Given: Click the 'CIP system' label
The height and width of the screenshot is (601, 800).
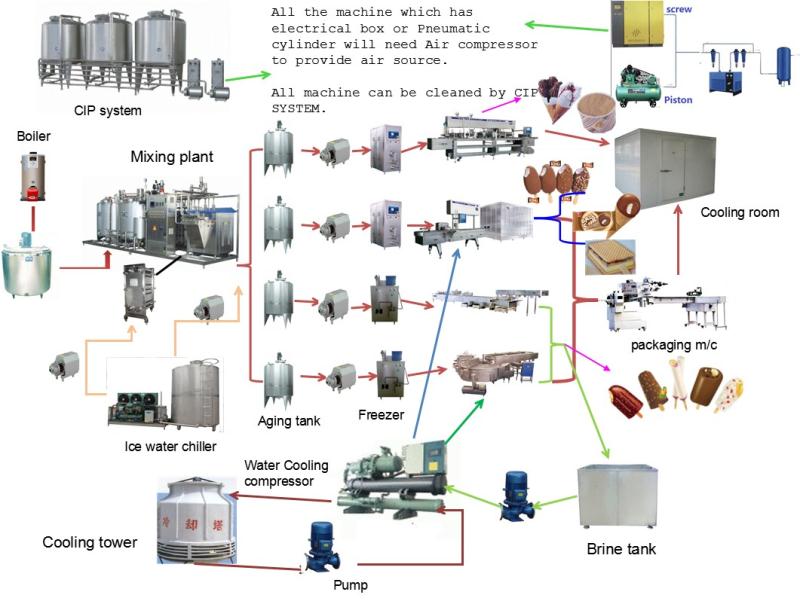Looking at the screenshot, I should (x=107, y=110).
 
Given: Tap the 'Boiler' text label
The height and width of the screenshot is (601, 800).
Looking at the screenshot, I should (x=33, y=136).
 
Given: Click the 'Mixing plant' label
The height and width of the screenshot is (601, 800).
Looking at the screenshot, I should (x=172, y=157).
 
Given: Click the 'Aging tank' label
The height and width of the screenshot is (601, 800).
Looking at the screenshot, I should (x=288, y=422).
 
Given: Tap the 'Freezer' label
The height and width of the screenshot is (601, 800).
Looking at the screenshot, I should (x=380, y=412).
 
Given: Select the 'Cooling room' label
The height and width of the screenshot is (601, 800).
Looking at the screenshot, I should (x=739, y=213).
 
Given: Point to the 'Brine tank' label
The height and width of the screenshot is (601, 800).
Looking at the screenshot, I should (x=621, y=548).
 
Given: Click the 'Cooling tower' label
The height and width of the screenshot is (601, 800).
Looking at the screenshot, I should (x=89, y=543).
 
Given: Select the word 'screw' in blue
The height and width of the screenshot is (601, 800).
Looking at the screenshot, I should (x=706, y=9).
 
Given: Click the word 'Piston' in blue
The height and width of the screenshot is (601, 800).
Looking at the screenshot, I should (x=705, y=100).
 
